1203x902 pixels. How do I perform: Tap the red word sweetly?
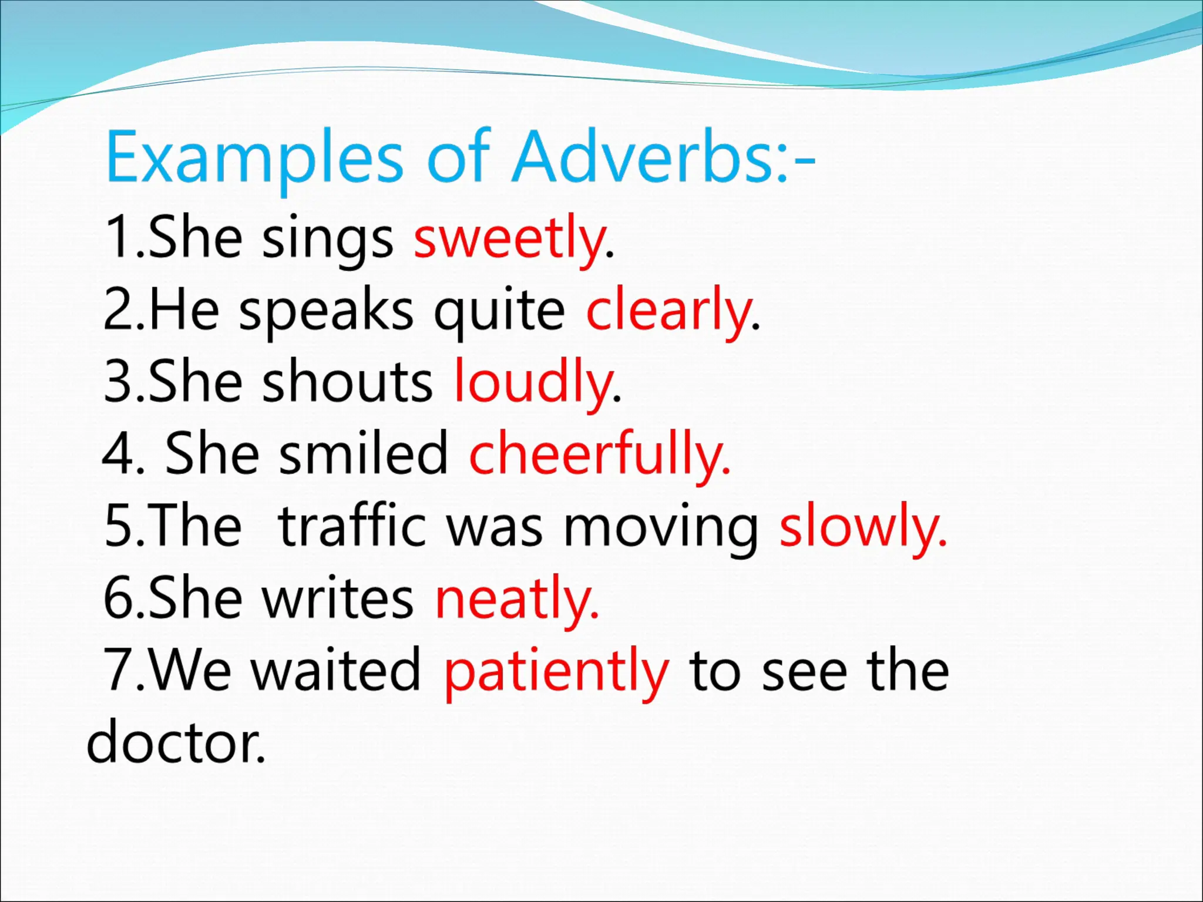pyautogui.click(x=509, y=238)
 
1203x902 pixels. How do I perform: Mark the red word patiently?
pyautogui.click(x=556, y=671)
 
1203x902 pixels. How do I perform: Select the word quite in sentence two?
pyautogui.click(x=499, y=310)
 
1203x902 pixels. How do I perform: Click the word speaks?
pyautogui.click(x=326, y=310)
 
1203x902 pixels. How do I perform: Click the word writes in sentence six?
pyautogui.click(x=337, y=598)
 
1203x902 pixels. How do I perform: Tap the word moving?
pyautogui.click(x=660, y=526)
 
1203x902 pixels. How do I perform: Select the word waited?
pyautogui.click(x=336, y=671)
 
